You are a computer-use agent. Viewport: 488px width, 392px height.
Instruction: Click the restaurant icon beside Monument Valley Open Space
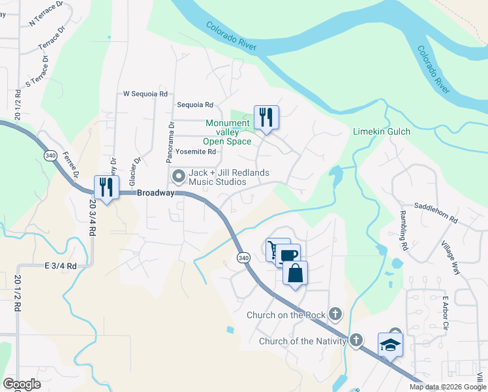coord(266,118)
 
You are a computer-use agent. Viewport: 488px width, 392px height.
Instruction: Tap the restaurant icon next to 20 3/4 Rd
coord(106,188)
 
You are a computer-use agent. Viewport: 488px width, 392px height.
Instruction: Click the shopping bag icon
coord(296,272)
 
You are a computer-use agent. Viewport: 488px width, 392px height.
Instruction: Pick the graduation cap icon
coord(390,344)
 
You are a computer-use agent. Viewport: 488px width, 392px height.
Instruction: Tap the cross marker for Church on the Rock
coord(335,315)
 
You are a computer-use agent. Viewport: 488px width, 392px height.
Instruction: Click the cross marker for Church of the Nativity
coord(356,340)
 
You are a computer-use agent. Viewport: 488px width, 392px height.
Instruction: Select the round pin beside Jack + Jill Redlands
coord(177,176)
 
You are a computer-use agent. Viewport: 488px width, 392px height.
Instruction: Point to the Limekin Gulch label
coord(382,131)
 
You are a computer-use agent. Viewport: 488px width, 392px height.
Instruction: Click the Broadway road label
coord(155,193)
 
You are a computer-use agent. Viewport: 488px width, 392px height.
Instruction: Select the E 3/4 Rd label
coord(61,266)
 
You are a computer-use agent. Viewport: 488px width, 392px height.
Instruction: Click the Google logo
coord(22,384)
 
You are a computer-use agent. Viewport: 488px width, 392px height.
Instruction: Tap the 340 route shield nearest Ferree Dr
coord(50,156)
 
